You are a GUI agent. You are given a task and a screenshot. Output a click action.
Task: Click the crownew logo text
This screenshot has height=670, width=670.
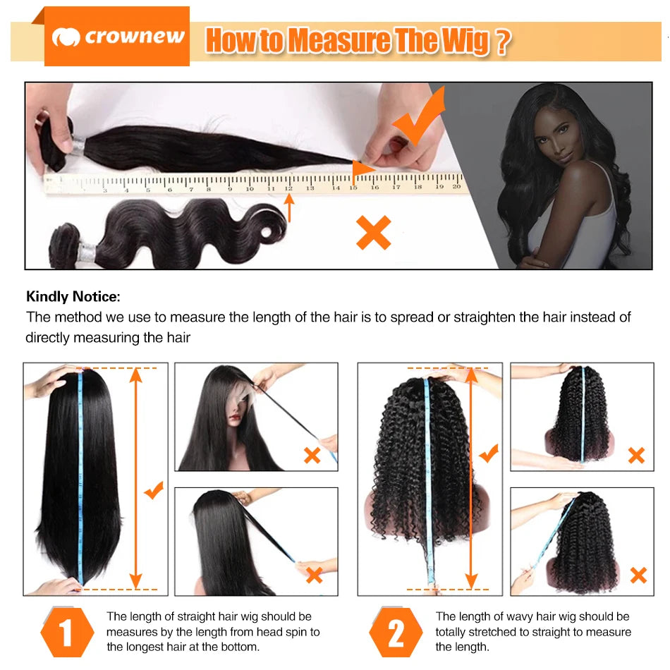pyautogui.click(x=134, y=37)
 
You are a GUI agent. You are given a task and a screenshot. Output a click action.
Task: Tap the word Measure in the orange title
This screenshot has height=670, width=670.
pyautogui.click(x=339, y=41)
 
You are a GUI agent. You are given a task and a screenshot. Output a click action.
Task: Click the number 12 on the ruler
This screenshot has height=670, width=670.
pyautogui.click(x=288, y=188)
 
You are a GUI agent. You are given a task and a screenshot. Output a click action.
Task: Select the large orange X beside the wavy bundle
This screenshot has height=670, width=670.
pyautogui.click(x=373, y=233)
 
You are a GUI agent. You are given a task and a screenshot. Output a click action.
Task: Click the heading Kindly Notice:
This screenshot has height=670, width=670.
pyautogui.click(x=73, y=297)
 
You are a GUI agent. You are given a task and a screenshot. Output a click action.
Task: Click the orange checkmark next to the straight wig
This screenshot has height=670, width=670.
pyautogui.click(x=154, y=489)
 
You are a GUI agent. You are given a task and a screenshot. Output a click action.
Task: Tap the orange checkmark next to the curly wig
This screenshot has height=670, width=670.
pyautogui.click(x=488, y=453)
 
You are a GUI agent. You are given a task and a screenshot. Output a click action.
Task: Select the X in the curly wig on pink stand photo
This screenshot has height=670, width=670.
pyautogui.click(x=636, y=455)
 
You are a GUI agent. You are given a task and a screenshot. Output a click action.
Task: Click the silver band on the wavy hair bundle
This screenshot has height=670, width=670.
pyautogui.click(x=87, y=250)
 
